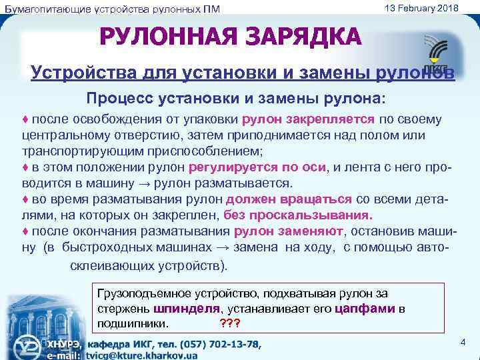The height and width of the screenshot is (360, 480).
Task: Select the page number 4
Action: pos(463,342)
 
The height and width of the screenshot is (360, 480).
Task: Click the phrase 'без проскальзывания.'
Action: pos(298,215)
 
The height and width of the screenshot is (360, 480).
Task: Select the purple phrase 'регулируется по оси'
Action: pos(257,167)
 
